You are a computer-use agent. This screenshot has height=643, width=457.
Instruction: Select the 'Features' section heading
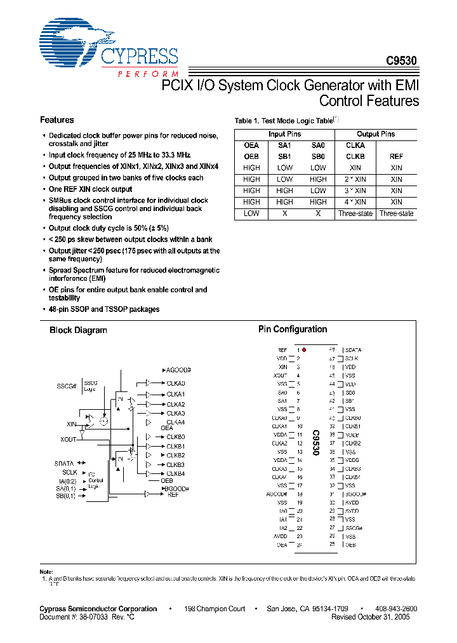pyautogui.click(x=56, y=120)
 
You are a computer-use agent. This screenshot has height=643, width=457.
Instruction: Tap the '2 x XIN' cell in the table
pyautogui.click(x=355, y=179)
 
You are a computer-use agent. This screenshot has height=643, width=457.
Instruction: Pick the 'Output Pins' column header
pyautogui.click(x=376, y=134)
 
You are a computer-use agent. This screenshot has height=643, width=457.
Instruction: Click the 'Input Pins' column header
pyautogui.click(x=284, y=134)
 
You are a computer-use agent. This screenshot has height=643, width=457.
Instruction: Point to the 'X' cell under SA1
pyautogui.click(x=284, y=213)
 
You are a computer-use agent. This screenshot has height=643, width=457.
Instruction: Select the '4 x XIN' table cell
pyautogui.click(x=355, y=202)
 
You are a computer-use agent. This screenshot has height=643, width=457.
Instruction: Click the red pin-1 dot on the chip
pyautogui.click(x=304, y=350)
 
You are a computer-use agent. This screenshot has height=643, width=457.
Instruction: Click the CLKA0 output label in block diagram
pyautogui.click(x=175, y=384)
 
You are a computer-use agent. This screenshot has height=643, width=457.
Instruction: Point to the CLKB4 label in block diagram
pyautogui.click(x=175, y=473)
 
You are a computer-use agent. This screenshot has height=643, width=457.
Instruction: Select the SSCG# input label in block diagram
pyautogui.click(x=67, y=386)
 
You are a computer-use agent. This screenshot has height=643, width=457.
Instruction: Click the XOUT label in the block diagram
pyautogui.click(x=68, y=439)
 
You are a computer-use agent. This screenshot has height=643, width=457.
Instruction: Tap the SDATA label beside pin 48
pyautogui.click(x=353, y=350)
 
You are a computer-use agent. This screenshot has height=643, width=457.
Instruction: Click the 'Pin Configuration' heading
pyautogui.click(x=293, y=329)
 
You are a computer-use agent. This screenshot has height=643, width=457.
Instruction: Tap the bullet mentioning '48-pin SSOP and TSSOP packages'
pyautogui.click(x=104, y=309)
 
